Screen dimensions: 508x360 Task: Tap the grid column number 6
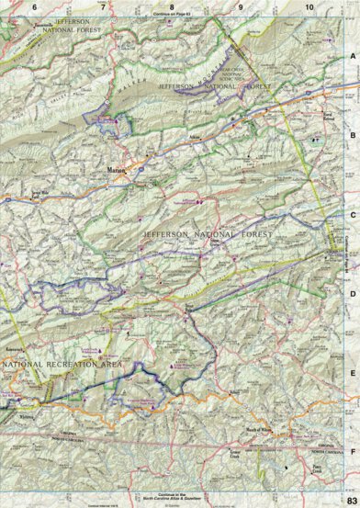tap(34, 8)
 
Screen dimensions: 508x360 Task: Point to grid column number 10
tap(309, 8)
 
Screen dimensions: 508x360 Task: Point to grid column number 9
tap(241, 8)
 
